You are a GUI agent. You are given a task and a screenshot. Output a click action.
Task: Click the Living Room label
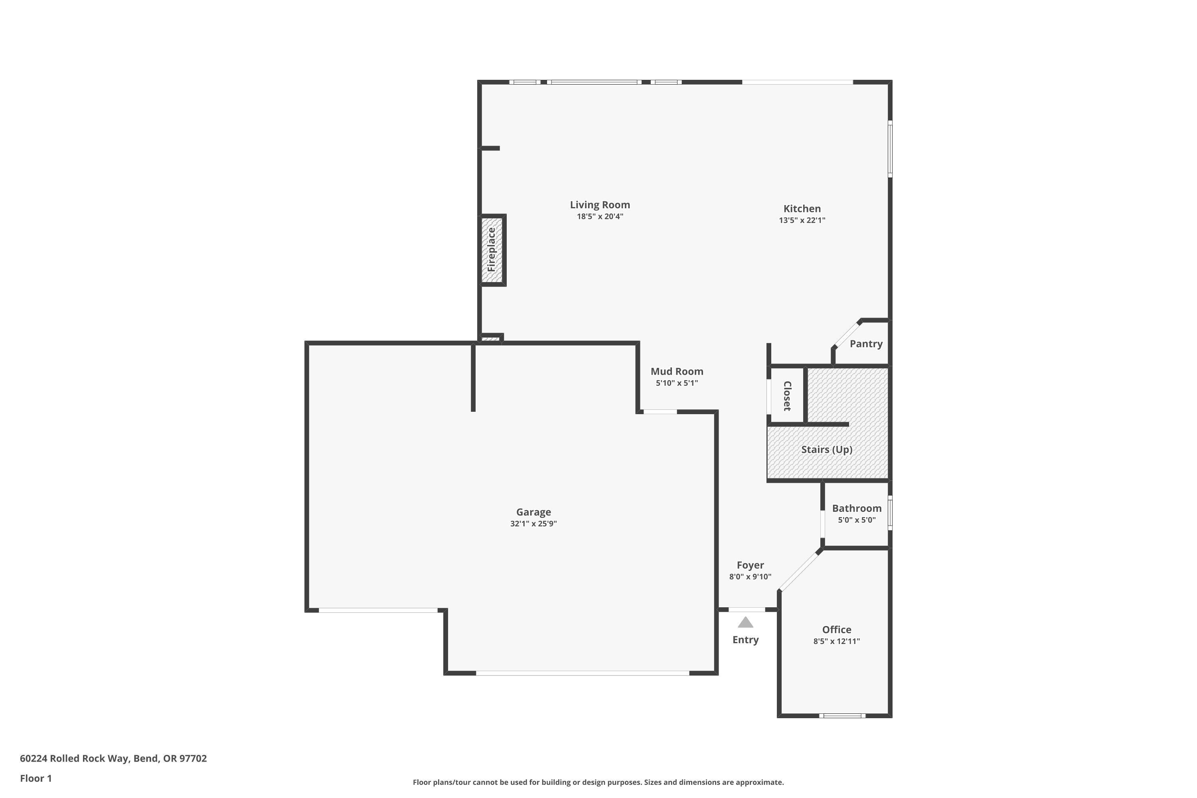600,205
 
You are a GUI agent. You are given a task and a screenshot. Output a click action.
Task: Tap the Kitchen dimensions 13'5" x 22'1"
802,220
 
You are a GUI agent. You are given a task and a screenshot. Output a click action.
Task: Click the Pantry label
866,344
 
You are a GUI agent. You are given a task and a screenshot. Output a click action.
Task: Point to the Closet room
786,395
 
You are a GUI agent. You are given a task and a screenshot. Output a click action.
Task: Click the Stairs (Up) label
826,449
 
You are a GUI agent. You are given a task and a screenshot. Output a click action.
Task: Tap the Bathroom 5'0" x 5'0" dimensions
857,520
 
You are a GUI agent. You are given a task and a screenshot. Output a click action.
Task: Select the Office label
836,630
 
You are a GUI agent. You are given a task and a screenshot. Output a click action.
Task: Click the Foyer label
750,565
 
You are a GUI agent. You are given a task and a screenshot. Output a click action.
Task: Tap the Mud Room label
676,371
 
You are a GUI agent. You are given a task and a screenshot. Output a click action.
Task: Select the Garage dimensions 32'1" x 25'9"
533,523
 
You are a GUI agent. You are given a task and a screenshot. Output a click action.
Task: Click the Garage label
533,512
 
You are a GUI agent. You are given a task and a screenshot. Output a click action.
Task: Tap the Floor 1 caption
36,778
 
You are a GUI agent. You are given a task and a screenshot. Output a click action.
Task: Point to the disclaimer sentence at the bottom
598,782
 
